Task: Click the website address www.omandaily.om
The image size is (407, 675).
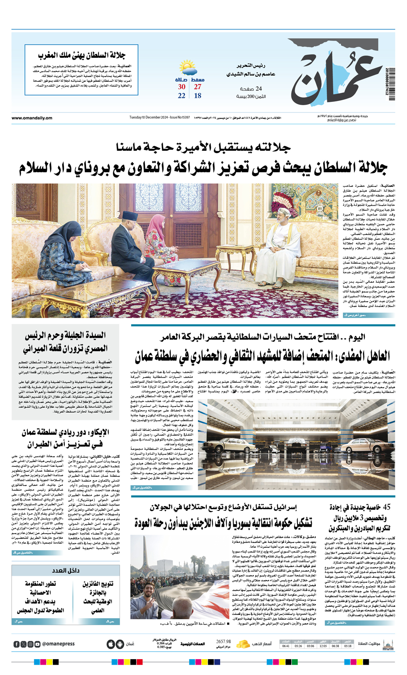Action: [x=32, y=118]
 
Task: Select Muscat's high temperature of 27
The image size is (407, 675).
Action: [x=197, y=87]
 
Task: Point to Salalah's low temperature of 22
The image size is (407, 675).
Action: [x=182, y=96]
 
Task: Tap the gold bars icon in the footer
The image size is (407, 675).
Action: [x=243, y=644]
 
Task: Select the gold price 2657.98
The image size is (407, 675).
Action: [x=223, y=642]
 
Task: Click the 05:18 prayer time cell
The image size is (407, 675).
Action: [x=348, y=646]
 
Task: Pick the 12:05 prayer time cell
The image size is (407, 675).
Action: [x=323, y=646]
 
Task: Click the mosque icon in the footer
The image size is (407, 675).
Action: [x=388, y=644]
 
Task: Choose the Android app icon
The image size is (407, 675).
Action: [x=120, y=644]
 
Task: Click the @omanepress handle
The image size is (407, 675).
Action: [x=59, y=644]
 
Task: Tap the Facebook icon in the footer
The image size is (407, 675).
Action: [x=16, y=644]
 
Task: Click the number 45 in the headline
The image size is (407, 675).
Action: [x=386, y=507]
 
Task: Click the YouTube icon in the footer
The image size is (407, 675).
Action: [x=37, y=644]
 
